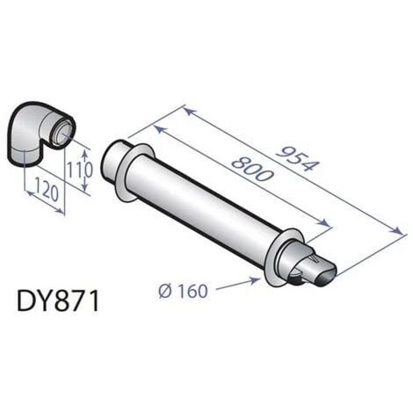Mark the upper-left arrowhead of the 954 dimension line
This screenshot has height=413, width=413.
[186, 109]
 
